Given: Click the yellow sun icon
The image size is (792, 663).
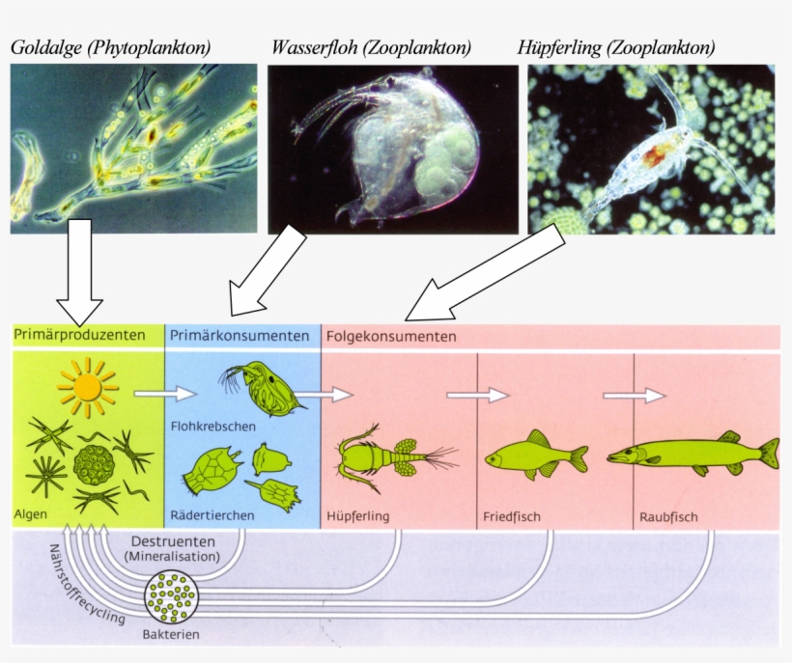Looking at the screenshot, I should click(x=87, y=386).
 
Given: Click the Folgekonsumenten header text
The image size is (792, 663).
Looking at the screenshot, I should click(x=391, y=337).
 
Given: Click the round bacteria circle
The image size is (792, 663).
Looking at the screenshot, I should click(x=171, y=598).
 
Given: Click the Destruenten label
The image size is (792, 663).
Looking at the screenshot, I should click(x=173, y=540).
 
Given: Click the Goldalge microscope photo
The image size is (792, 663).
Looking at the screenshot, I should click(x=134, y=149).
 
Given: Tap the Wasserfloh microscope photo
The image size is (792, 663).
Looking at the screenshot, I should click(x=392, y=149).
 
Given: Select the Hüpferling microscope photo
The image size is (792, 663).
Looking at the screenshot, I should click(x=651, y=149).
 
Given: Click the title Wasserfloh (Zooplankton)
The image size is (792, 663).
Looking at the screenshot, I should click(x=371, y=47).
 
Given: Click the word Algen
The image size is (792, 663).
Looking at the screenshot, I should click(x=31, y=513).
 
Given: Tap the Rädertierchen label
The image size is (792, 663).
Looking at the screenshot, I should click(x=212, y=515).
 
